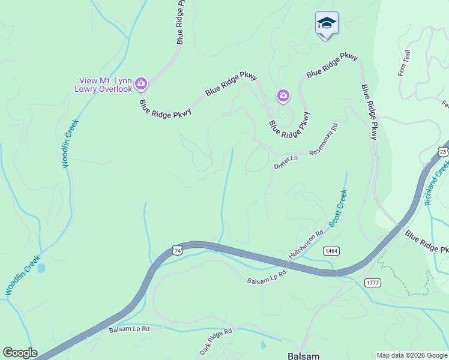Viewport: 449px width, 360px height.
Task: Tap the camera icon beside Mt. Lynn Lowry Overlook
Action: [142, 84]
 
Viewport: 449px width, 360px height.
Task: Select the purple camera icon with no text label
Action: [283, 95]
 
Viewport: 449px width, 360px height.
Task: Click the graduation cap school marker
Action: [327, 24]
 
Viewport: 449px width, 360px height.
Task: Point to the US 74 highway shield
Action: [176, 250]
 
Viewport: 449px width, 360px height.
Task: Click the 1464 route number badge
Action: [331, 250]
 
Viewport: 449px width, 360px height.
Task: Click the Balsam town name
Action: [303, 355]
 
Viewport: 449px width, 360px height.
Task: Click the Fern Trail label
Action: [404, 63]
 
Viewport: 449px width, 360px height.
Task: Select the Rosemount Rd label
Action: [324, 140]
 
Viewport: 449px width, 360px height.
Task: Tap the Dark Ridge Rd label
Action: [215, 341]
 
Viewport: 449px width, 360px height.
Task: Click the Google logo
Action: [20, 353]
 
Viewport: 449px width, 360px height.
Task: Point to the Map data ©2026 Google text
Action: [412, 355]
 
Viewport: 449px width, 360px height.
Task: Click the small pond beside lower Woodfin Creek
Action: [41, 268]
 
